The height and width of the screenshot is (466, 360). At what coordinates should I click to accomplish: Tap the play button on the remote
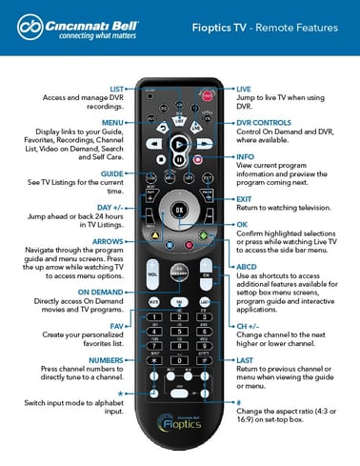click(x=179, y=142)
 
